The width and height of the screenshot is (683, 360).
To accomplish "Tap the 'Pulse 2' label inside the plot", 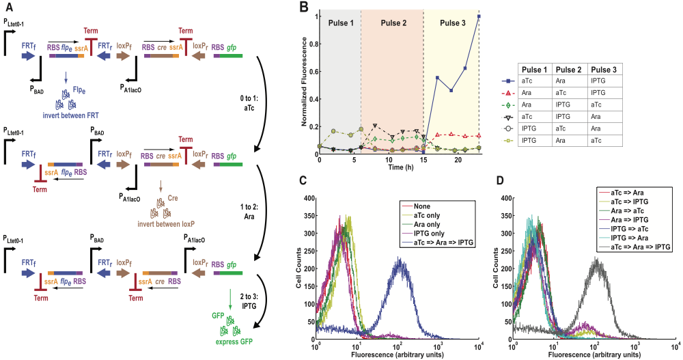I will [x=390, y=23].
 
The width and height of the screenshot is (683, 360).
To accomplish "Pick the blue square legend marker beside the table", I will [x=508, y=81].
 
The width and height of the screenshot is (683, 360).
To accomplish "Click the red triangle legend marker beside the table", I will [x=508, y=93].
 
